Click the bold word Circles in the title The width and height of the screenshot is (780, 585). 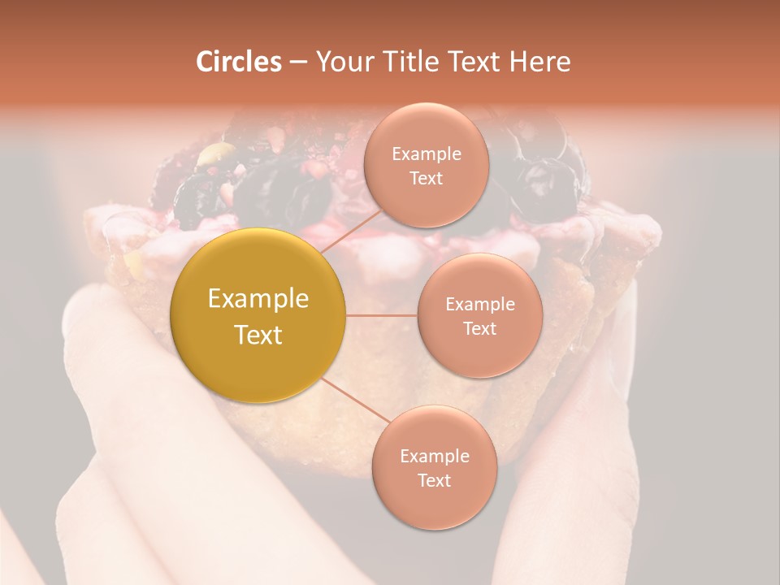238,62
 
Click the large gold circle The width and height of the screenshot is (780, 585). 258,315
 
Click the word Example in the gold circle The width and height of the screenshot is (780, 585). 258,299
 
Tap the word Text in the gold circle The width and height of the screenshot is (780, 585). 258,335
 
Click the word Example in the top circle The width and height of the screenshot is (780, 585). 427,154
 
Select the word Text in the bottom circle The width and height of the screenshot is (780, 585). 434,480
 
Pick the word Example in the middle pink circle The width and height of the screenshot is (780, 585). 479,305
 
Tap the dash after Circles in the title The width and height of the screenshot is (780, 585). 297,63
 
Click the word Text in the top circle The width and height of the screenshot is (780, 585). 427,178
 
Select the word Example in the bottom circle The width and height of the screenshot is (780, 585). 434,457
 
